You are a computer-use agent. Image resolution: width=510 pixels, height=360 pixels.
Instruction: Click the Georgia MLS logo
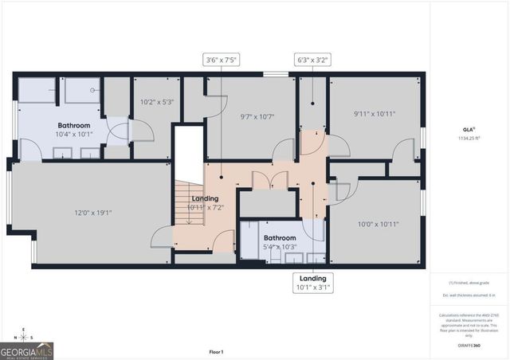27,350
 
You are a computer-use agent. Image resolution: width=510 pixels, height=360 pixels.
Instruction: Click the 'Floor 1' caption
216,351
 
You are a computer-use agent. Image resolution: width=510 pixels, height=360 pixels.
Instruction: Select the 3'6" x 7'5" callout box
222,60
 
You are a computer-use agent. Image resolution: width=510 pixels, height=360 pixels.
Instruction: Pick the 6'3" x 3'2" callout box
312,60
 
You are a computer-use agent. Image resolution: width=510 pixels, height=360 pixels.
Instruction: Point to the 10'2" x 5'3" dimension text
156,101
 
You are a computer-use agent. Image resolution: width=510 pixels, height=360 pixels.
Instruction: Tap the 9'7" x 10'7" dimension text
257,117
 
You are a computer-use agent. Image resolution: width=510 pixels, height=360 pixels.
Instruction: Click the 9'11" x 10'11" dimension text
374,114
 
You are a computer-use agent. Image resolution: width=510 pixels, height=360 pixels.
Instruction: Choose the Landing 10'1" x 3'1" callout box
312,283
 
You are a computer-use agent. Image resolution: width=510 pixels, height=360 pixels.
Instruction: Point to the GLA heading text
469,129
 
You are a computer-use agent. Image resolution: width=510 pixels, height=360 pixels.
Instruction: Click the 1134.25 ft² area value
469,138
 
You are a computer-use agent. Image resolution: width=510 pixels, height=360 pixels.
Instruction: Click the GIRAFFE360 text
469,345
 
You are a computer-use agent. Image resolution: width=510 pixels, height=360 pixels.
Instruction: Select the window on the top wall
276,75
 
